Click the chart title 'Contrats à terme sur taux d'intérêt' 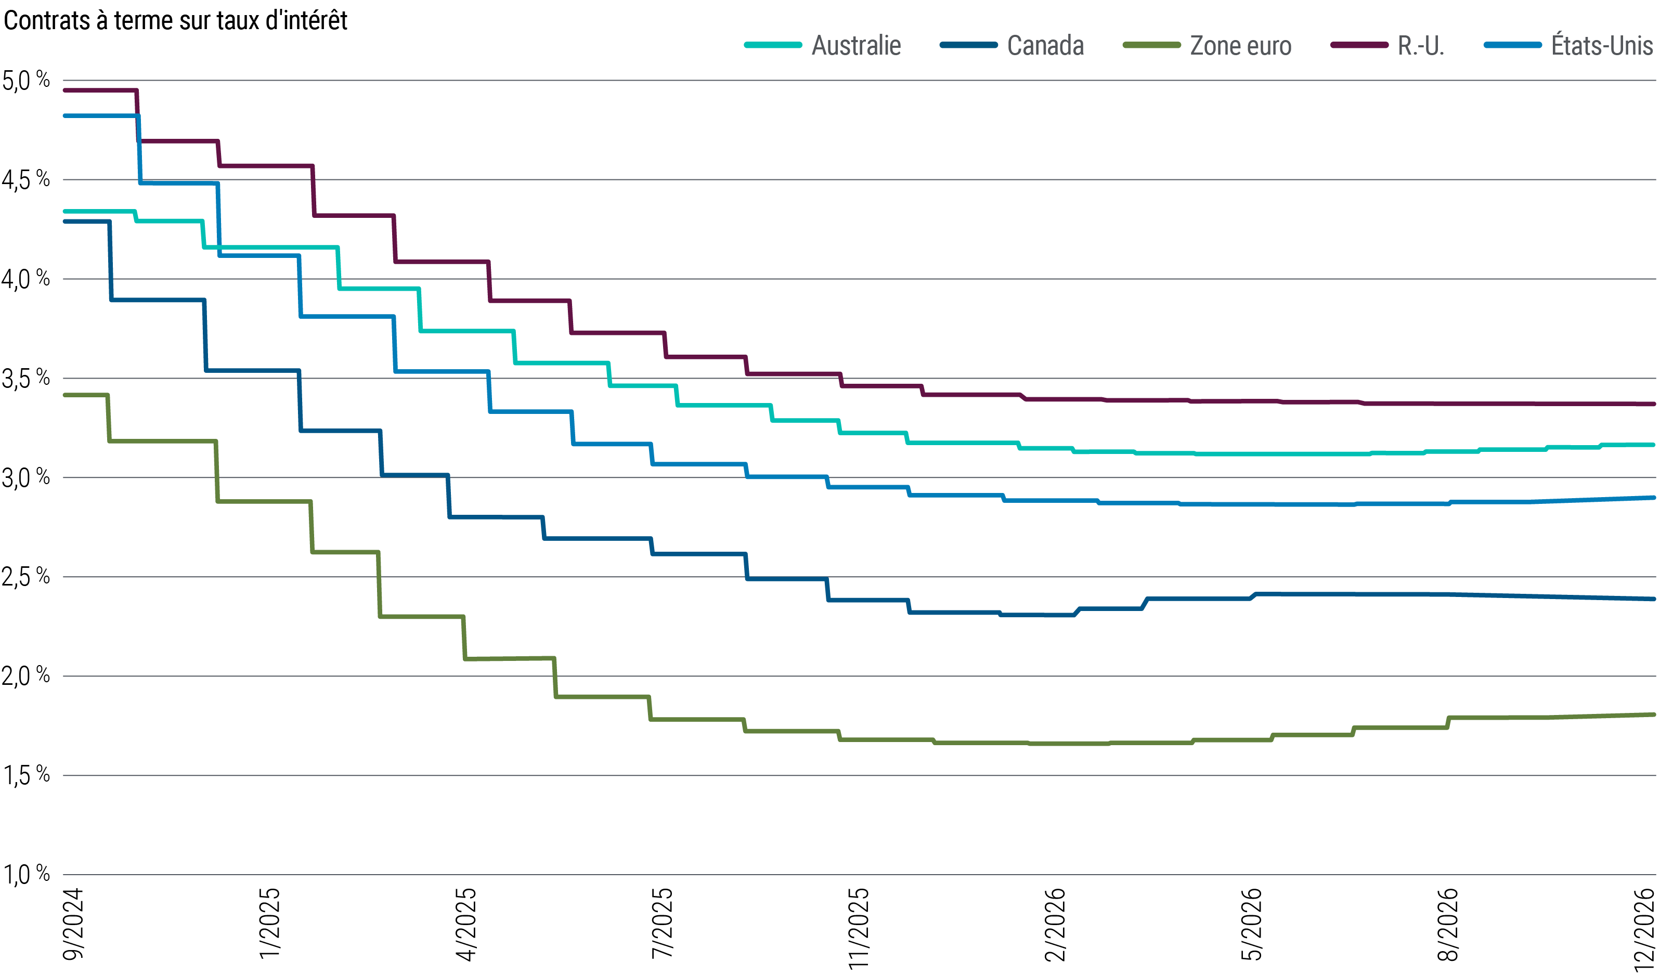pyautogui.click(x=175, y=21)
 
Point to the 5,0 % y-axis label pyautogui.click(x=27, y=81)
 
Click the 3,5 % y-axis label pyautogui.click(x=27, y=378)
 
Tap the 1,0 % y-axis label pyautogui.click(x=27, y=874)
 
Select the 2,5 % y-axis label pyautogui.click(x=27, y=577)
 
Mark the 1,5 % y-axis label pyautogui.click(x=27, y=775)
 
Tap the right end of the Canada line pyautogui.click(x=1653, y=599)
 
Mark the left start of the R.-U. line pyautogui.click(x=64, y=90)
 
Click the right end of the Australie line pyautogui.click(x=1653, y=445)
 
